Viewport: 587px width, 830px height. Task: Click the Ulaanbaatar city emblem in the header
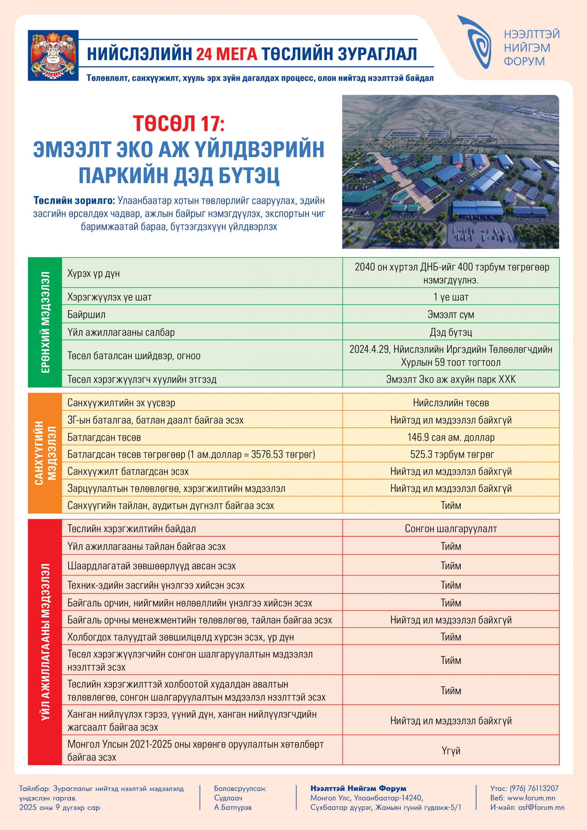click(x=53, y=55)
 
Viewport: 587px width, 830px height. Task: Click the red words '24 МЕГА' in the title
click(x=227, y=54)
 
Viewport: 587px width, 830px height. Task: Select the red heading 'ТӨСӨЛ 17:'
click(x=179, y=123)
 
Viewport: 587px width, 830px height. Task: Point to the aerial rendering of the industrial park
click(x=450, y=172)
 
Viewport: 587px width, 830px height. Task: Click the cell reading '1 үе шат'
click(x=451, y=297)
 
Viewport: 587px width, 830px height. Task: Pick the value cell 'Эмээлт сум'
click(x=451, y=314)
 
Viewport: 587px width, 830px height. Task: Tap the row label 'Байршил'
click(x=86, y=314)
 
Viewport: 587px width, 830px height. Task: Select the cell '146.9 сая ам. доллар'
click(x=451, y=437)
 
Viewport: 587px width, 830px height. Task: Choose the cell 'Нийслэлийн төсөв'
click(x=451, y=403)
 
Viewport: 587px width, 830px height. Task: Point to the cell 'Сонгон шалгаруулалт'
click(x=451, y=529)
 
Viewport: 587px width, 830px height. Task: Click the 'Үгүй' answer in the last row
click(x=451, y=751)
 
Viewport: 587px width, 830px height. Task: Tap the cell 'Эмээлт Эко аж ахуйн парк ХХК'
click(x=451, y=379)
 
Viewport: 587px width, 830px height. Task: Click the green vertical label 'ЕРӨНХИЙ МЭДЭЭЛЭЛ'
click(x=45, y=322)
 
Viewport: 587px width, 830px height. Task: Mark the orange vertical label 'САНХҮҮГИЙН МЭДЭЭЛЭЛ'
click(x=45, y=453)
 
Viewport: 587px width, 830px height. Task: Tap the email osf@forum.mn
click(x=541, y=807)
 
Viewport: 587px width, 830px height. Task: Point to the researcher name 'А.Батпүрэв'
click(x=233, y=807)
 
